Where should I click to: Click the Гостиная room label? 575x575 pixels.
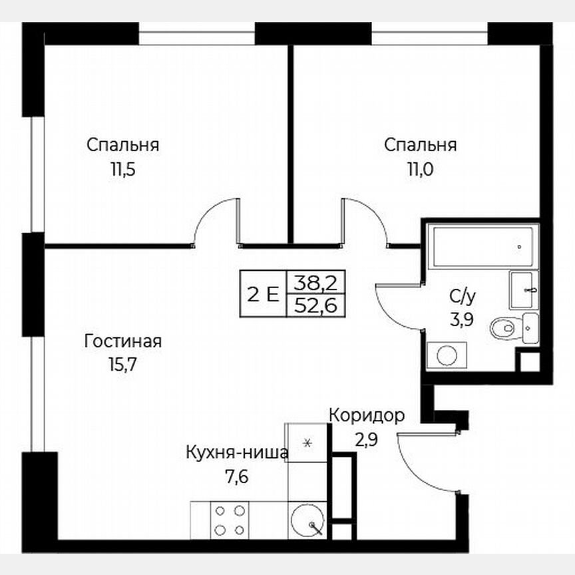click(x=123, y=342)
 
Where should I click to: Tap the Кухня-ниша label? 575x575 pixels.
click(x=237, y=454)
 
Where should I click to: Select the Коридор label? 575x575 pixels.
click(x=366, y=416)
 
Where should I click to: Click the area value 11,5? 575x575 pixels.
click(x=123, y=168)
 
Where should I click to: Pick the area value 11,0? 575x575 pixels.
click(x=420, y=168)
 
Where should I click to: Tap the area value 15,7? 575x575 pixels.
click(x=123, y=364)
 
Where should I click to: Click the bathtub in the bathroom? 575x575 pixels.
click(x=482, y=247)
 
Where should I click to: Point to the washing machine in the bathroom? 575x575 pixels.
click(x=446, y=355)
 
